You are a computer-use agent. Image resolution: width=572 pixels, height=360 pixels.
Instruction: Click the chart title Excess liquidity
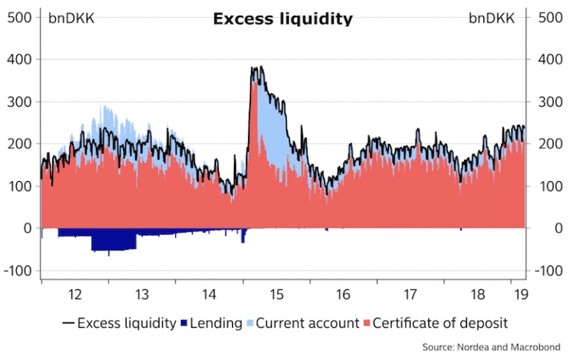pos(282,19)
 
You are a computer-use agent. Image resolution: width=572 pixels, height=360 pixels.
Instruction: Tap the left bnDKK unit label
pos(71,18)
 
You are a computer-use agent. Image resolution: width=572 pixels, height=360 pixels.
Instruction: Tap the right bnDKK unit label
pos(492,18)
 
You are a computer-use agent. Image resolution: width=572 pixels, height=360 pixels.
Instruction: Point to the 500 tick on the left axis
pos(19,16)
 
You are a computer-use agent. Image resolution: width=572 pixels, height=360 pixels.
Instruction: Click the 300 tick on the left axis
pos(19,101)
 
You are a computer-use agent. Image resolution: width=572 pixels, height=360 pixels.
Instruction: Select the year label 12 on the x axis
pos(74,294)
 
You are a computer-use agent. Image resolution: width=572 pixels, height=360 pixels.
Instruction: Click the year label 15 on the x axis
pos(276,294)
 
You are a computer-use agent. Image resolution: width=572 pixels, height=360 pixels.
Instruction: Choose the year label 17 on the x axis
pos(410,294)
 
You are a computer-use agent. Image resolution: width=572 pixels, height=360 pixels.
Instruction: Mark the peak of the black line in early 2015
pos(255,69)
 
